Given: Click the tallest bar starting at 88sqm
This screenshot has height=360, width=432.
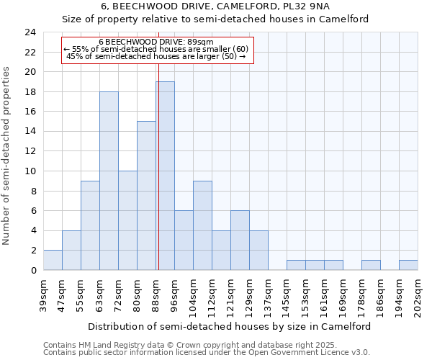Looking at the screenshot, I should pos(165,176).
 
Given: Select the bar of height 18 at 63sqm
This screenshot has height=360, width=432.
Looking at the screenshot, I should pos(109,181).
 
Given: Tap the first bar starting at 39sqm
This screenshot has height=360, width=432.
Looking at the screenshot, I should pos(53,260).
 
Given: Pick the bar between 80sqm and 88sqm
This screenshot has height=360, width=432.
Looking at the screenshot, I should pos(146,196).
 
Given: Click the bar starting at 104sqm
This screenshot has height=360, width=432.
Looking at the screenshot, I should pos(202,225).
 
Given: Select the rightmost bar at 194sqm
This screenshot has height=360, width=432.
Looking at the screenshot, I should pos(408,265).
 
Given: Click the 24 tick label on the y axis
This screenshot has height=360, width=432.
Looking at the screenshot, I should pos(30,32).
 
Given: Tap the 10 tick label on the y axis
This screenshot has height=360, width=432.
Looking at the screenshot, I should pos(30,171).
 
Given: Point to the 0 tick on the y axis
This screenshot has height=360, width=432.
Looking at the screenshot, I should pos(33,271).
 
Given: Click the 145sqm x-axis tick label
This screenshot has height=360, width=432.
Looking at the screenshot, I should pos(287,293).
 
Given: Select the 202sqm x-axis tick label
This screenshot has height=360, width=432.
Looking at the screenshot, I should pos(418,293).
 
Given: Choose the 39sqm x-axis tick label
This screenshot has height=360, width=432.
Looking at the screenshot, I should pos(43,293).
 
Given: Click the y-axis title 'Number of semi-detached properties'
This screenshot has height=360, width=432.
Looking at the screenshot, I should pos(7,156).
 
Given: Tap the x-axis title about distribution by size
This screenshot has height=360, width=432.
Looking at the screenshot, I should pos(230,326).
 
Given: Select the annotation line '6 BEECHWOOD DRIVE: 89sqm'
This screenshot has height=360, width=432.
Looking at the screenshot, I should pos(156,42).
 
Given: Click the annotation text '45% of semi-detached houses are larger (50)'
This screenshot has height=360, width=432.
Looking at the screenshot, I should pos(156,56).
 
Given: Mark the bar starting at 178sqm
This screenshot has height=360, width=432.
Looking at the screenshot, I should pos(371,265).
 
